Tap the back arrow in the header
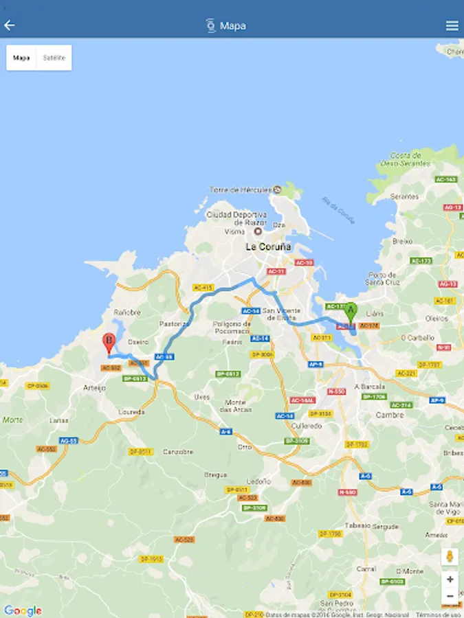click(10, 25)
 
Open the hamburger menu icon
click(452, 26)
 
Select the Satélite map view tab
click(54, 58)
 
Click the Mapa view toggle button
click(21, 58)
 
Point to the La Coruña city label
click(269, 247)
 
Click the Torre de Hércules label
click(241, 189)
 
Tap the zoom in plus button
click(450, 579)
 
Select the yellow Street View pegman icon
click(450, 556)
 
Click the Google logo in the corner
click(23, 610)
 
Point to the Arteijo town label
click(94, 388)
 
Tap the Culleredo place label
click(305, 426)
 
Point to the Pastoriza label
click(174, 323)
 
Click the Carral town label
click(366, 569)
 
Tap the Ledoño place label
click(258, 481)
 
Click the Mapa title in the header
click(233, 26)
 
